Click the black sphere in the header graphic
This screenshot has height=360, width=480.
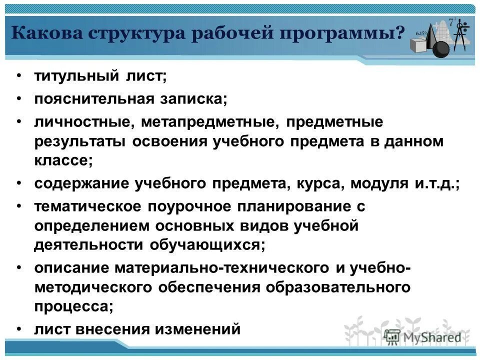click(441, 49)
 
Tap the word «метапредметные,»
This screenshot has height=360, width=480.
click(208, 121)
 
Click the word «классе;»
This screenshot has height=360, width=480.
click(63, 160)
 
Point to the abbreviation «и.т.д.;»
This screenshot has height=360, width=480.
click(436, 183)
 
